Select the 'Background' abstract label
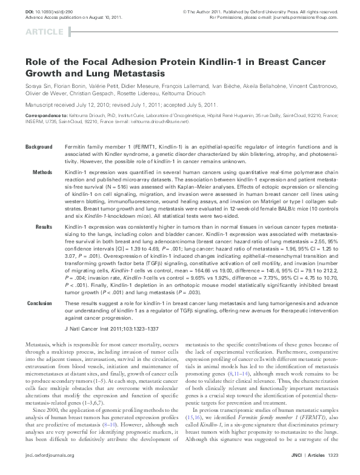point(39,130)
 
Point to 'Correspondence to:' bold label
point(45,115)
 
